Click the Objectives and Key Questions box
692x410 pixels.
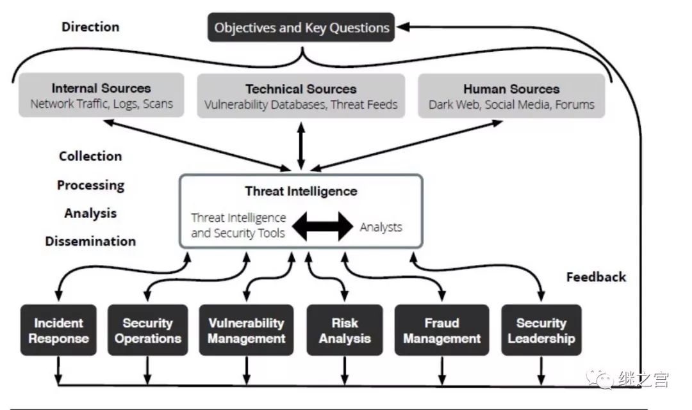(301, 28)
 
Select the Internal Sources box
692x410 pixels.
(101, 95)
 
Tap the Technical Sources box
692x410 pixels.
(301, 95)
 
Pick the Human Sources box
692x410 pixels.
(511, 95)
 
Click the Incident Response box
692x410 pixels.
(58, 330)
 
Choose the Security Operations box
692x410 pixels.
(148, 330)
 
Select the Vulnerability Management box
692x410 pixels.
(246, 330)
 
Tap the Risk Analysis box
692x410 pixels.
(345, 330)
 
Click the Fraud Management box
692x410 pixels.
(441, 330)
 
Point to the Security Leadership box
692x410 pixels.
(541, 330)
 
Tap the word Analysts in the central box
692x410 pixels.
(381, 226)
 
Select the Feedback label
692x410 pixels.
(596, 277)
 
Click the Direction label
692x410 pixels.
(90, 27)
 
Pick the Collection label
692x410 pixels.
(90, 156)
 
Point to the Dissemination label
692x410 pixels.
(90, 241)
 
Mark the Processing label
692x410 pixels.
(90, 185)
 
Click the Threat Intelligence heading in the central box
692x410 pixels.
(301, 191)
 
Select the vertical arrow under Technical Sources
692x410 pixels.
(301, 146)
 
